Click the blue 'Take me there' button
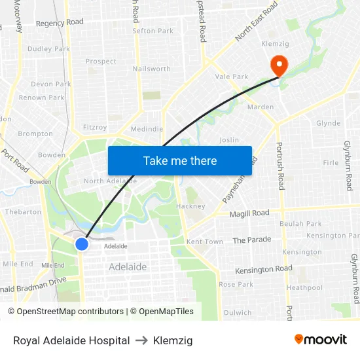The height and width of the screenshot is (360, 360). [180, 160]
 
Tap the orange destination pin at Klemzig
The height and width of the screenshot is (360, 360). [279, 65]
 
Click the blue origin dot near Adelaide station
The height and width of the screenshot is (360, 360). [82, 244]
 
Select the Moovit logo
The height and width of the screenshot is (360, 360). [320, 339]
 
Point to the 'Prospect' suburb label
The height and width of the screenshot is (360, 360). [101, 62]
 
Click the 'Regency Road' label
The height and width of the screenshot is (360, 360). [60, 22]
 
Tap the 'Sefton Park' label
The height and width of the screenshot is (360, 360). [153, 31]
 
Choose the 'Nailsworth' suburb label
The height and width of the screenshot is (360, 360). [151, 69]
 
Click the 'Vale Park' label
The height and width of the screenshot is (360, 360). [232, 77]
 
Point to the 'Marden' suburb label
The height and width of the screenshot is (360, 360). [261, 107]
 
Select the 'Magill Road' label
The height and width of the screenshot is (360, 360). [249, 213]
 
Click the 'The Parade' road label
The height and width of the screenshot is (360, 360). [251, 240]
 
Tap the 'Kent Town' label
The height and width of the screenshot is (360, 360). [205, 242]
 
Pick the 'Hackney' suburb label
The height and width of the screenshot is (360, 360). [190, 206]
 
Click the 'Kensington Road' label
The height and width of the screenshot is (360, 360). [264, 269]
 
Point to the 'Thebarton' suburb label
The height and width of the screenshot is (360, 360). [23, 212]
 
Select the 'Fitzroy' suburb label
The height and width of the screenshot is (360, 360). [95, 128]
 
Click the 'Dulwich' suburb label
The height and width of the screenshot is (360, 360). [237, 313]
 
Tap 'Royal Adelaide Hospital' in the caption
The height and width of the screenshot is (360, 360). [71, 340]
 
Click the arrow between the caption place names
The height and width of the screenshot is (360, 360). [141, 340]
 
